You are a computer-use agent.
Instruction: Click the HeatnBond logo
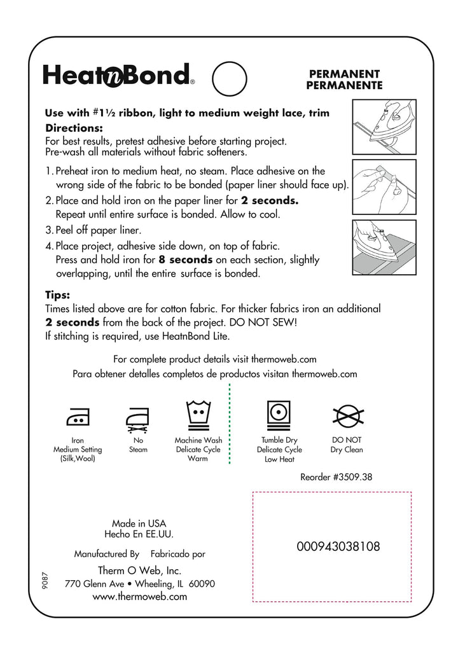pos(118,75)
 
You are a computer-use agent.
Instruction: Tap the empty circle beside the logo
pos(228,78)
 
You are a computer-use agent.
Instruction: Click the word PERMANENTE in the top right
pos(344,85)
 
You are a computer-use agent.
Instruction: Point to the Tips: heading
pos(57,295)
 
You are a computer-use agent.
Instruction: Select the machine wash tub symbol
pos(198,414)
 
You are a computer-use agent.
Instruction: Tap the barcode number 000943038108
pos(338,546)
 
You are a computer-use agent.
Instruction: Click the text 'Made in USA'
pos(139,524)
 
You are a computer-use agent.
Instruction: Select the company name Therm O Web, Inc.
pos(139,570)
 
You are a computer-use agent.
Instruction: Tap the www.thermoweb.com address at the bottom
pos(139,597)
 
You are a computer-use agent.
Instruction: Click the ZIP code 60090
pos(202,584)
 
